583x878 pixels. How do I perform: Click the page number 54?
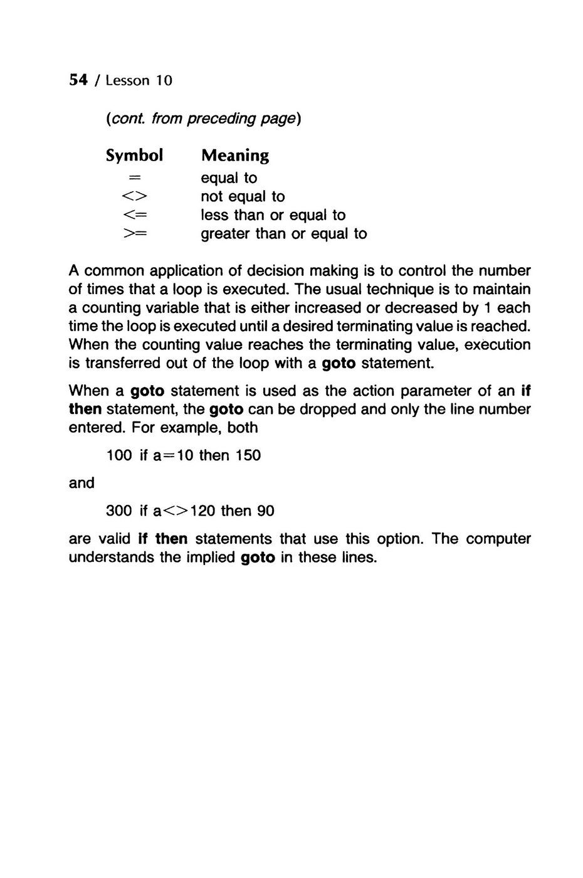click(x=77, y=80)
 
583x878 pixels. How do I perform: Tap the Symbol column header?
click(x=134, y=155)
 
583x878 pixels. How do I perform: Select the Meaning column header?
click(x=234, y=155)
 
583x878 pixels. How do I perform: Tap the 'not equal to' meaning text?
click(x=243, y=197)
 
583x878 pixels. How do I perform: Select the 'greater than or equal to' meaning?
click(x=283, y=234)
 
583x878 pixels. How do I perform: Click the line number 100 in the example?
click(x=119, y=455)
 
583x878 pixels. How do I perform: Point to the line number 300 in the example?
click(x=119, y=511)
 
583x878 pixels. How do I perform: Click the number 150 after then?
click(x=248, y=455)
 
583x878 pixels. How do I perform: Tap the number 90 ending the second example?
click(x=266, y=511)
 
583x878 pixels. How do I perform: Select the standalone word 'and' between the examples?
click(x=81, y=483)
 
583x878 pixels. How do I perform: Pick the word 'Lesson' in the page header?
click(x=128, y=81)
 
